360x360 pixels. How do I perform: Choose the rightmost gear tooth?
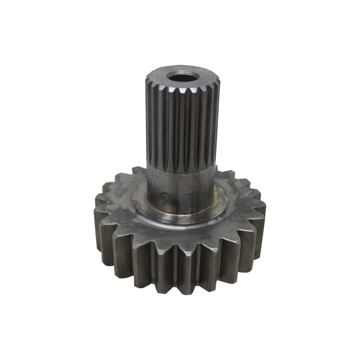[260, 212]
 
